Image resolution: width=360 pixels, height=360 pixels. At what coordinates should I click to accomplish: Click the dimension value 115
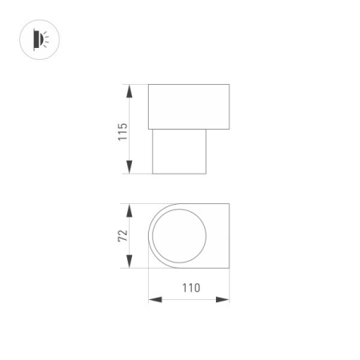coord(122,130)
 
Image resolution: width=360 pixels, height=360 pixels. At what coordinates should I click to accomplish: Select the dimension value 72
coord(122,236)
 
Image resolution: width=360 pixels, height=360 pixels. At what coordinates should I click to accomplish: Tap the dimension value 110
coord(190,288)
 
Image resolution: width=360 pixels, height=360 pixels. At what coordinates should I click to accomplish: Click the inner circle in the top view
coord(180,237)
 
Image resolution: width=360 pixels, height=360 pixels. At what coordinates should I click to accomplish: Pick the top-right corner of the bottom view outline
coord(230,204)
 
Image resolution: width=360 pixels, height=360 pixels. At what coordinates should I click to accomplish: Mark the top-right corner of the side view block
coord(230,83)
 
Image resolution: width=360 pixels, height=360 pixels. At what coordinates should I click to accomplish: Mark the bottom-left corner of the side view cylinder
coord(153,174)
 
